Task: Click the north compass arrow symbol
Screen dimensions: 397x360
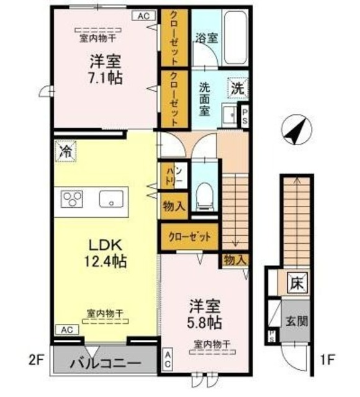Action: pos(294,130)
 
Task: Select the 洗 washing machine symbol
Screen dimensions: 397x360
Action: pos(238,88)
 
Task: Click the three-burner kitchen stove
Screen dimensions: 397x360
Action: pos(72,200)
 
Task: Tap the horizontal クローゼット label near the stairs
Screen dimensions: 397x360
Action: pos(189,236)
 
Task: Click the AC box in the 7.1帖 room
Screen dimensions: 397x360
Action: pos(143,16)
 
